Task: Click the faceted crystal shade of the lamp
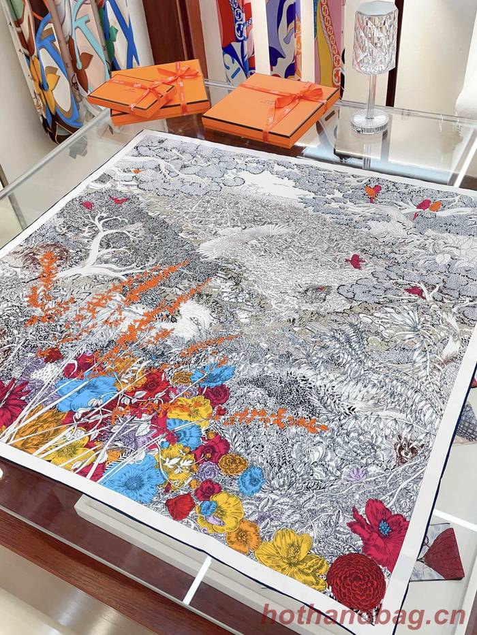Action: [375, 37]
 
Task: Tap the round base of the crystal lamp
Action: [370, 123]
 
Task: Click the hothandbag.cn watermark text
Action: [353, 616]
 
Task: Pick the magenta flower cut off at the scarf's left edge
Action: [10, 402]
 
